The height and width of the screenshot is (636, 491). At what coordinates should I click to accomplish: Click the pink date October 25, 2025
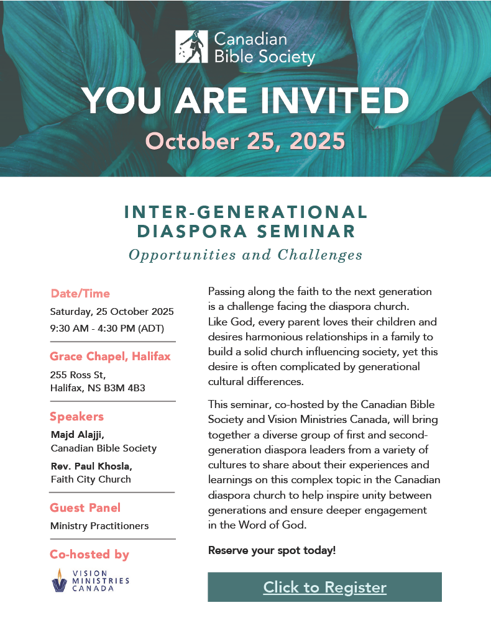pos(245,141)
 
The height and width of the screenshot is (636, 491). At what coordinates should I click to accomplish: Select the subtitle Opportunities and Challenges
pos(245,255)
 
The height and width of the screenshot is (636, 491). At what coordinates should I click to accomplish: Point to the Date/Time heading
pos(80,294)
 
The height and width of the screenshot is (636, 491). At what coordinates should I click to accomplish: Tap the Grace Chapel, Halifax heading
pos(110,357)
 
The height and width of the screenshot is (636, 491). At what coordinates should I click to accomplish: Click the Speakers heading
pos(76,417)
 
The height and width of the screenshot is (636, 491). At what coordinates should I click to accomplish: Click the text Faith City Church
pos(91,479)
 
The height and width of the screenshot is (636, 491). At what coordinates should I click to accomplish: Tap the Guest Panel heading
pos(85,508)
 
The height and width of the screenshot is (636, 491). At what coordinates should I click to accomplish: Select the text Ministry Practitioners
pos(99,526)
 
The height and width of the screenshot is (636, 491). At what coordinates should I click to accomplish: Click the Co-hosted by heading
pos(89,555)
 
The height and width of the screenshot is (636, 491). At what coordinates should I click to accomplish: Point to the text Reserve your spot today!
pos(272,550)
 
